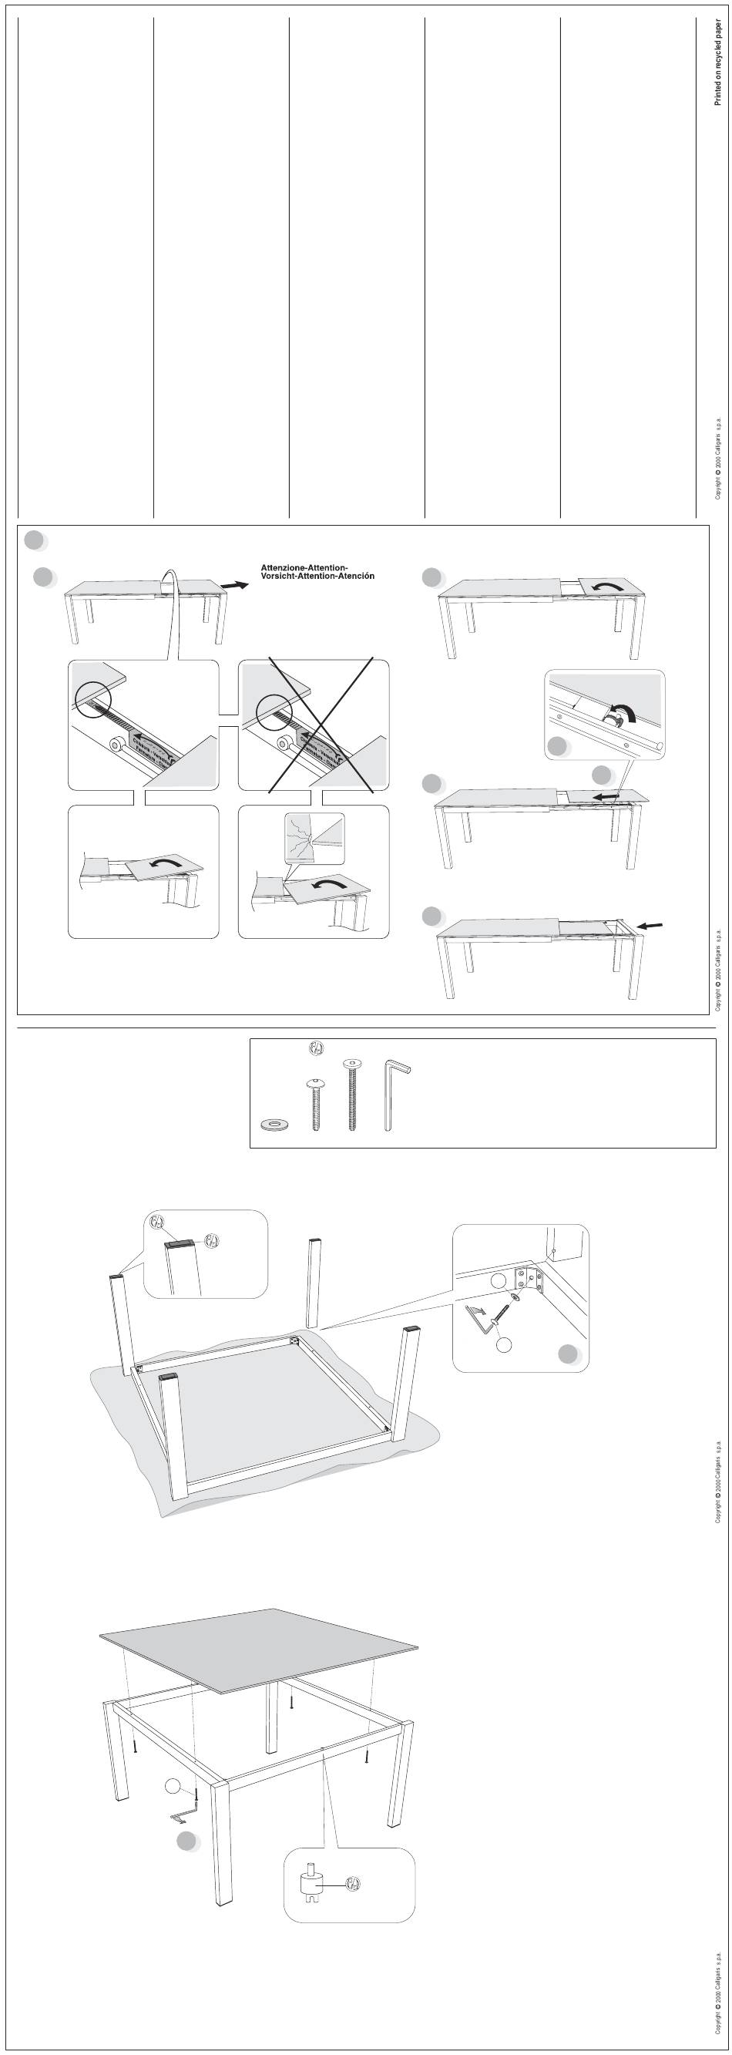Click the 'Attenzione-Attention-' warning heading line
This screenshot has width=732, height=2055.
pos(312,567)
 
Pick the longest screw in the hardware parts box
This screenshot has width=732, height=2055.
pos(351,1094)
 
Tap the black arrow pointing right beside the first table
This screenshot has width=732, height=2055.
pos(233,586)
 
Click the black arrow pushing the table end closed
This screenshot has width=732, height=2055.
pos(650,927)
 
